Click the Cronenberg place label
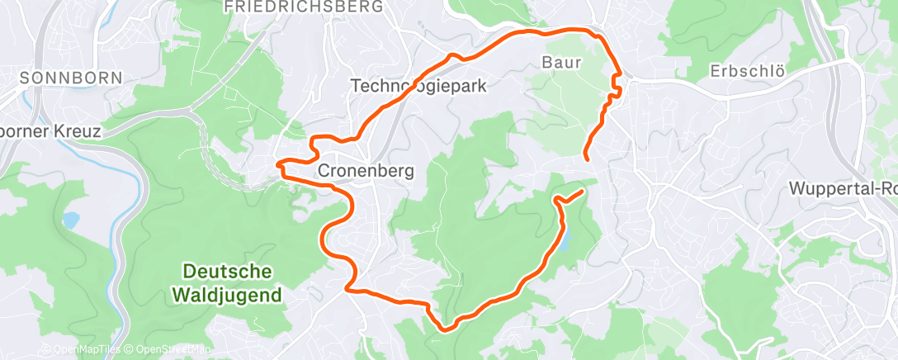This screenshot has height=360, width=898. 366,170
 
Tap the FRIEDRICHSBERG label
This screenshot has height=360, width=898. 304,7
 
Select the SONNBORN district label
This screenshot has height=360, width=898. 71,78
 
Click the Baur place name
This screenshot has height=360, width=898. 562,62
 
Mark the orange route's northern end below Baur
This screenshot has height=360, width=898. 586,157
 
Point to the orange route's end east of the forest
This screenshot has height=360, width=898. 583,192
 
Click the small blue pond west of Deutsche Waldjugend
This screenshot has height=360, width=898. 71,220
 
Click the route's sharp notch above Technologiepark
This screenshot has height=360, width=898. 451,56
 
